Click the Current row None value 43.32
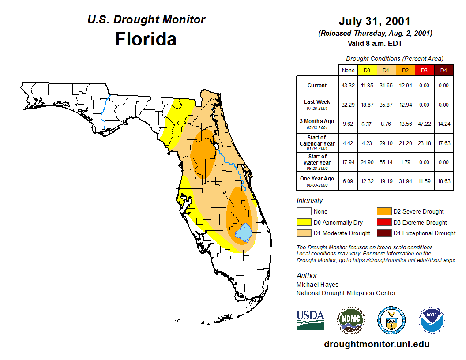click(x=348, y=86)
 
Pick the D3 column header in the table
click(x=424, y=70)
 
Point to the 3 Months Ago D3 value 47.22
click(x=424, y=124)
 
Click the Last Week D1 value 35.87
click(x=386, y=105)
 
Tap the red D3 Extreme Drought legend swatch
click(x=383, y=222)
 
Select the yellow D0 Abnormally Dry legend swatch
click(x=304, y=222)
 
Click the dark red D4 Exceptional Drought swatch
click(x=383, y=233)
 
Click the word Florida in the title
click(x=146, y=39)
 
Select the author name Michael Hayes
click(x=317, y=285)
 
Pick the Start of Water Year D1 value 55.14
click(x=386, y=162)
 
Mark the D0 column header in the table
click(x=367, y=70)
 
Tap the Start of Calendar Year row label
click(x=317, y=143)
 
